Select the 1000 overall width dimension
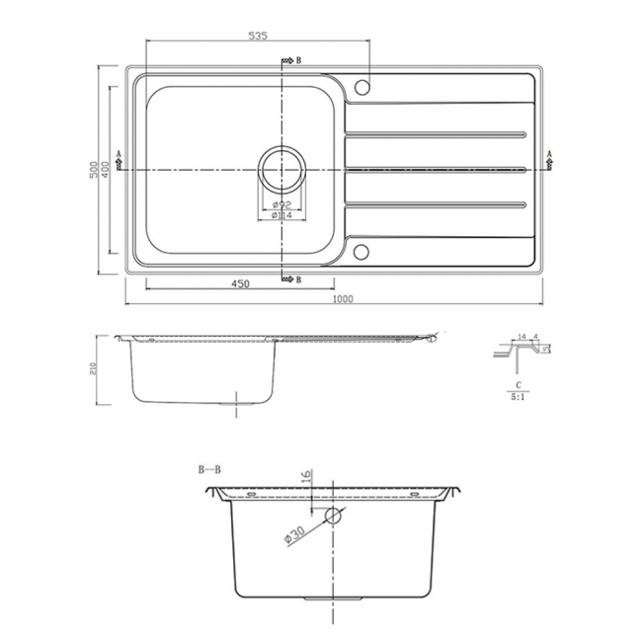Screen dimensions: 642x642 coord(343,298)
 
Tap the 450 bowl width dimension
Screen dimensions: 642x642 coord(240,283)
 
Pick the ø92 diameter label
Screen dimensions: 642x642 coord(281,204)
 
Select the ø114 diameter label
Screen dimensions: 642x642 coord(281,215)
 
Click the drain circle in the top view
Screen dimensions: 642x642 coord(281,169)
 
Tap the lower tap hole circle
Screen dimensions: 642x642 coord(361,251)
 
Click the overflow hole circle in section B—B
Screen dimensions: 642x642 coord(333,516)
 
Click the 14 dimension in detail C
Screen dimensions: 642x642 coord(522,337)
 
